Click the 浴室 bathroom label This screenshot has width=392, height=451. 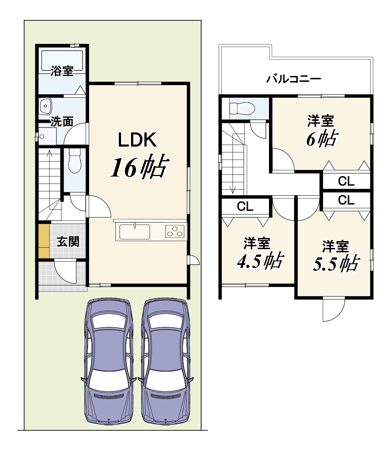62,71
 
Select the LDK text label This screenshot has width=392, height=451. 138,140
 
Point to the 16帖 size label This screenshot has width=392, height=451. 139,167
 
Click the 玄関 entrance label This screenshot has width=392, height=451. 68,242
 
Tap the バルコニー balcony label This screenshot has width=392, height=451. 294,79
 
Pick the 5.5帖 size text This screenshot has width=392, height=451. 336,263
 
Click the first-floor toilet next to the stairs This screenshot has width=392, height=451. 75,160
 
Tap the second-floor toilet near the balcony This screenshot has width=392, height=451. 242,108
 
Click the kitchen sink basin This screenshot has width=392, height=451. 135,232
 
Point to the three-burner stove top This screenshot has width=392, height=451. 175,231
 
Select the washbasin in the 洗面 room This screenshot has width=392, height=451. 46,106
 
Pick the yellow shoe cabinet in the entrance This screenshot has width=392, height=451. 44,241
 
